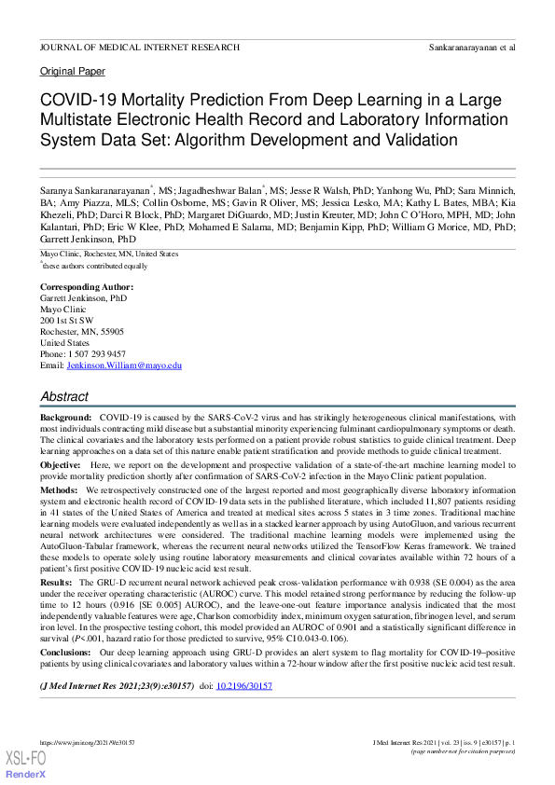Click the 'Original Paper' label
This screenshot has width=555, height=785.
click(73, 72)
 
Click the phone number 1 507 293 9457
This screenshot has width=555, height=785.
click(96, 354)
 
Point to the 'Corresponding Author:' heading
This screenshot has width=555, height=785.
click(87, 286)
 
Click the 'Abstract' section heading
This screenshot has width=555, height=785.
click(64, 396)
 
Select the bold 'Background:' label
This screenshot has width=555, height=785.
click(66, 417)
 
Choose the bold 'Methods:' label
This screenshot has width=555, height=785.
click(59, 489)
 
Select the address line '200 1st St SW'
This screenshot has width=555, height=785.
click(66, 320)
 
